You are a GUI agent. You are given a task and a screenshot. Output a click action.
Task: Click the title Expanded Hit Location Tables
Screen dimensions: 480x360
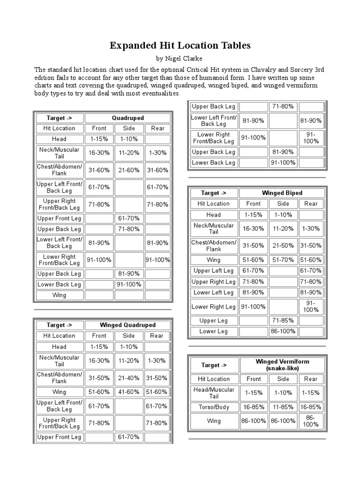(x=180, y=45)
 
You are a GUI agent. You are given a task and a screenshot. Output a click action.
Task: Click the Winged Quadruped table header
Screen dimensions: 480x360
(x=127, y=325)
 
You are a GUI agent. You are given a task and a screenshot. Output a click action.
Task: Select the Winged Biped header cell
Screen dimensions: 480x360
(x=282, y=193)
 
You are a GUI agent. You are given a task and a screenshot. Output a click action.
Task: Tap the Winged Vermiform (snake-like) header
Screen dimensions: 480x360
(x=282, y=365)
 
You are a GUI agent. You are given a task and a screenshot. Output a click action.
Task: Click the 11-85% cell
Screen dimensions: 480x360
(x=283, y=407)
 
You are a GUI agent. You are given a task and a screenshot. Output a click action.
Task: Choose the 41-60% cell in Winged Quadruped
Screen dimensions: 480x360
(x=128, y=392)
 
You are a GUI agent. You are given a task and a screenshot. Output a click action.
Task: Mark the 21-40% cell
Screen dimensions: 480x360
(x=128, y=378)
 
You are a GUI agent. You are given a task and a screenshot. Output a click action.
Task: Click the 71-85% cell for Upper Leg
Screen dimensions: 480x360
(x=283, y=321)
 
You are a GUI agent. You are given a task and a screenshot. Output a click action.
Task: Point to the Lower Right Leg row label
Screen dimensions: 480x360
(x=213, y=307)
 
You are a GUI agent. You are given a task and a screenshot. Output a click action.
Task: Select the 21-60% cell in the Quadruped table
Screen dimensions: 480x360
(x=128, y=170)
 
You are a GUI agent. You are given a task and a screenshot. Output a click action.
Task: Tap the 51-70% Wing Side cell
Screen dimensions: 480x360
(x=283, y=260)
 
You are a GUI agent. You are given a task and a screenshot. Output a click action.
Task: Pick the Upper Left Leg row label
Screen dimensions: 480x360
(x=213, y=271)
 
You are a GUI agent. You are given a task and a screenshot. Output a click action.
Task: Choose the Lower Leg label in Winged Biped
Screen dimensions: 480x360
(x=213, y=331)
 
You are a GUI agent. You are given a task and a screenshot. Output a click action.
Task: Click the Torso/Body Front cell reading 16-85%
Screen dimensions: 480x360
(x=254, y=407)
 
